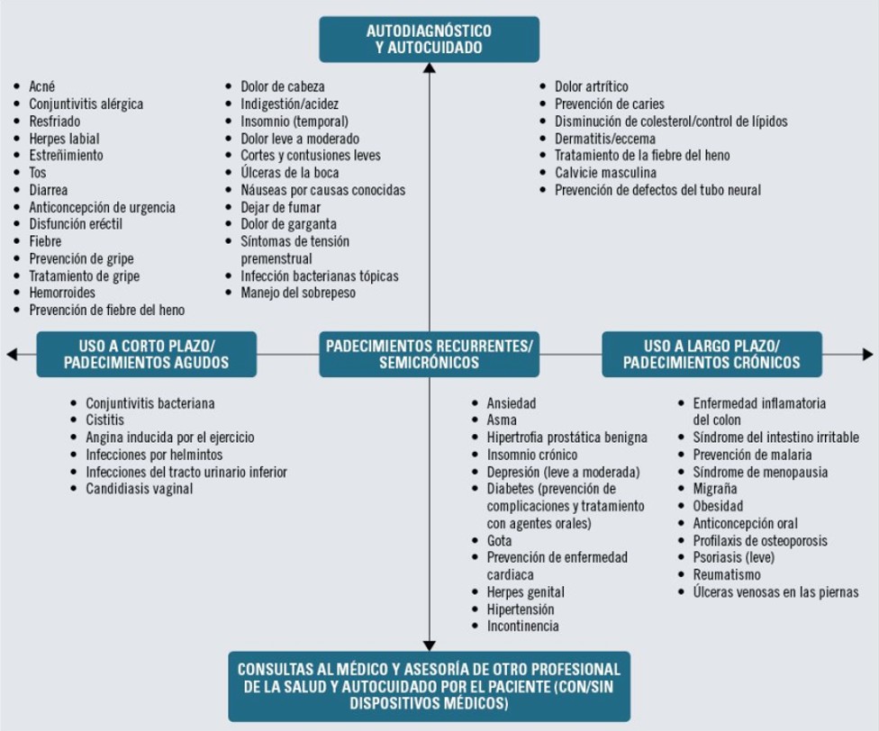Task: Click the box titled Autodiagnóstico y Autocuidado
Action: [x=429, y=39]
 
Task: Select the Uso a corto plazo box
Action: [x=146, y=354]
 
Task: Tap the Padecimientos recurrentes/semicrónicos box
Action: [x=429, y=354]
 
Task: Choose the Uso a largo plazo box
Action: [x=711, y=354]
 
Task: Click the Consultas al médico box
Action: [x=429, y=686]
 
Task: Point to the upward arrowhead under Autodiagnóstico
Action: [x=430, y=68]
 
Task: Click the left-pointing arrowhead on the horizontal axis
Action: [x=12, y=354]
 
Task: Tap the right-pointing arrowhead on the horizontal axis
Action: [x=868, y=354]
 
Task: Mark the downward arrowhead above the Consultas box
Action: [x=430, y=645]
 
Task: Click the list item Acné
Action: [x=42, y=86]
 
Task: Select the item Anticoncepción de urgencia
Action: [x=102, y=207]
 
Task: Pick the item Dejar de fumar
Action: [x=280, y=207]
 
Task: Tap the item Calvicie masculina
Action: [x=605, y=173]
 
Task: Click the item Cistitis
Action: [x=104, y=420]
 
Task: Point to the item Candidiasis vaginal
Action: [x=139, y=489]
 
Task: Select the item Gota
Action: [x=499, y=540]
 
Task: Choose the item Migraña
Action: [x=715, y=489]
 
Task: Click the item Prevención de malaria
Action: [x=752, y=455]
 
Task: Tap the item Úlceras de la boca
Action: [x=290, y=173]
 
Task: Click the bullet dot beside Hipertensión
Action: [x=476, y=609]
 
